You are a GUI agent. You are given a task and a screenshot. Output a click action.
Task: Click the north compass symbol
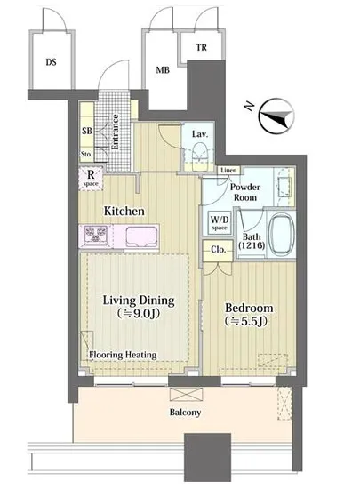[276, 116]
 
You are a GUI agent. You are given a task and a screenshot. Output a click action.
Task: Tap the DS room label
[52, 62]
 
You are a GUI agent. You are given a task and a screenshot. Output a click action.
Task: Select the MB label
[163, 70]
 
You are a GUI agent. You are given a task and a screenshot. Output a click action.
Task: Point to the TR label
[202, 47]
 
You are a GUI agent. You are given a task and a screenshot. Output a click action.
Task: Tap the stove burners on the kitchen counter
[96, 234]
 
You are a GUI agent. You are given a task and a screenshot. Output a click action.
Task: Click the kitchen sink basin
[142, 237]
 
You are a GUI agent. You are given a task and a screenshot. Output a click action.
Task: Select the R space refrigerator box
[91, 179]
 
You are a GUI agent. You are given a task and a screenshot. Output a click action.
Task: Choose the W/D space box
[220, 223]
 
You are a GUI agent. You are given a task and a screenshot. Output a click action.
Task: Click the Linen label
[228, 171]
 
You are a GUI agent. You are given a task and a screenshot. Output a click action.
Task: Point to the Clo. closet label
[218, 250]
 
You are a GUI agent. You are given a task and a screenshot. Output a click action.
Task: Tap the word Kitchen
[124, 211]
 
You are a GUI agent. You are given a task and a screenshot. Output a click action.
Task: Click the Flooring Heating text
[123, 355]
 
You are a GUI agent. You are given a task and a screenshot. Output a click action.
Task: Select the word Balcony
[185, 413]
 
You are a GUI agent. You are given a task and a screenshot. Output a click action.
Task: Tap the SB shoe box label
[87, 131]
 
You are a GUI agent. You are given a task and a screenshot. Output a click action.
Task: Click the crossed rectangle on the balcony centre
[186, 394]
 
